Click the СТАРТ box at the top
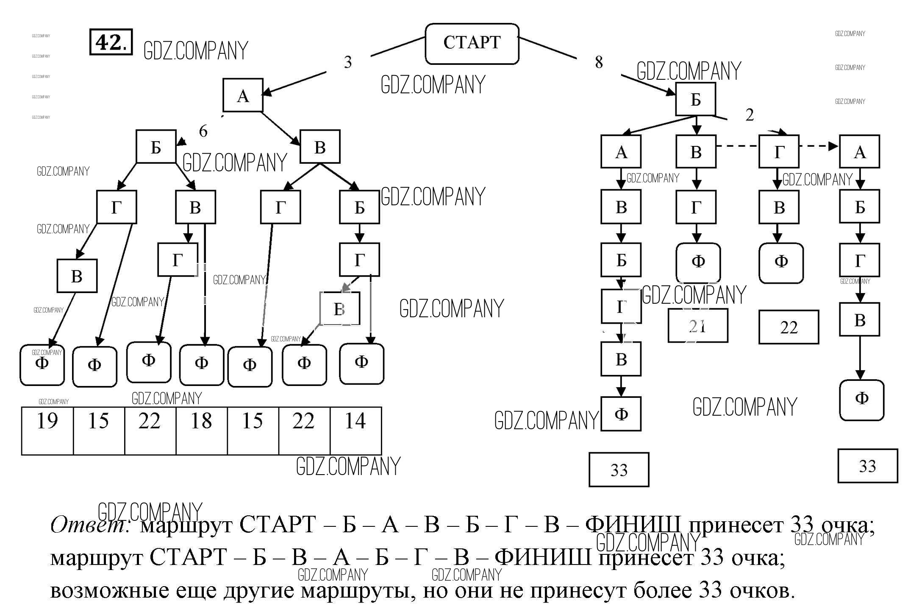tap(472, 44)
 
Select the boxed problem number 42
tap(111, 42)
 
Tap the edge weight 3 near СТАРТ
tap(347, 63)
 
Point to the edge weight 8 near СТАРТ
tap(599, 62)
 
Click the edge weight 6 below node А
tap(203, 131)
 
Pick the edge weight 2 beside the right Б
tap(750, 115)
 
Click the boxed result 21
tap(697, 326)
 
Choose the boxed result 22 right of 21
tap(789, 327)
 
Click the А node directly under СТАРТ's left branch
tap(243, 95)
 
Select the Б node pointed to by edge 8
tap(695, 99)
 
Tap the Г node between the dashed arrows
tap(779, 151)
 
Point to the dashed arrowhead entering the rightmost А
tap(833, 146)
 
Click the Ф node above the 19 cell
tap(42, 364)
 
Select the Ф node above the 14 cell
tap(361, 363)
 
